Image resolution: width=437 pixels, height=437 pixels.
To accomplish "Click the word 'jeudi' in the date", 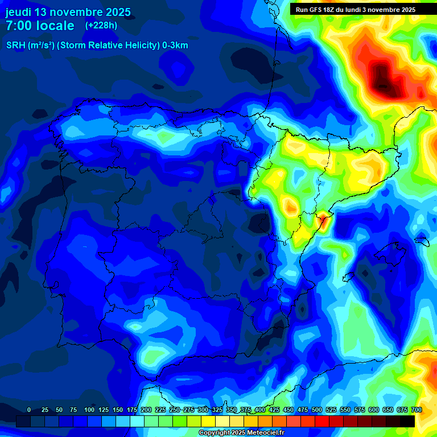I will (x=18, y=12).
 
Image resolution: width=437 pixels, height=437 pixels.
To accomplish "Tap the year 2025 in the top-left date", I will (x=116, y=12).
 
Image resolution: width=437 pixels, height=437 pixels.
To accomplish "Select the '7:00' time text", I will (x=20, y=26).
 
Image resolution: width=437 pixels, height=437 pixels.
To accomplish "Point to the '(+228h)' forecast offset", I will (x=101, y=26).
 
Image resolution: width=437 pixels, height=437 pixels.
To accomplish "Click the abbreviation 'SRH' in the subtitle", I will (x=17, y=46).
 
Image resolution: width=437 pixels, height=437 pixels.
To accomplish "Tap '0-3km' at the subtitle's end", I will (x=175, y=46).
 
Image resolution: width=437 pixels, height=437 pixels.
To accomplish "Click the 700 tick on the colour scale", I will (x=416, y=410).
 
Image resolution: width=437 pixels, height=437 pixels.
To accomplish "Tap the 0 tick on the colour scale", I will (x=29, y=410).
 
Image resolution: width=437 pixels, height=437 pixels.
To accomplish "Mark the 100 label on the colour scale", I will (x=89, y=410).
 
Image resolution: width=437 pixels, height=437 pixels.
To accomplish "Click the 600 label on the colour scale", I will (x=374, y=410).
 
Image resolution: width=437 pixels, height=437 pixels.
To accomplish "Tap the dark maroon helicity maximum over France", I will (x=385, y=80).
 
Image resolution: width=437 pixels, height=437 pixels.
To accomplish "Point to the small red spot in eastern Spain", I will (x=322, y=220).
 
